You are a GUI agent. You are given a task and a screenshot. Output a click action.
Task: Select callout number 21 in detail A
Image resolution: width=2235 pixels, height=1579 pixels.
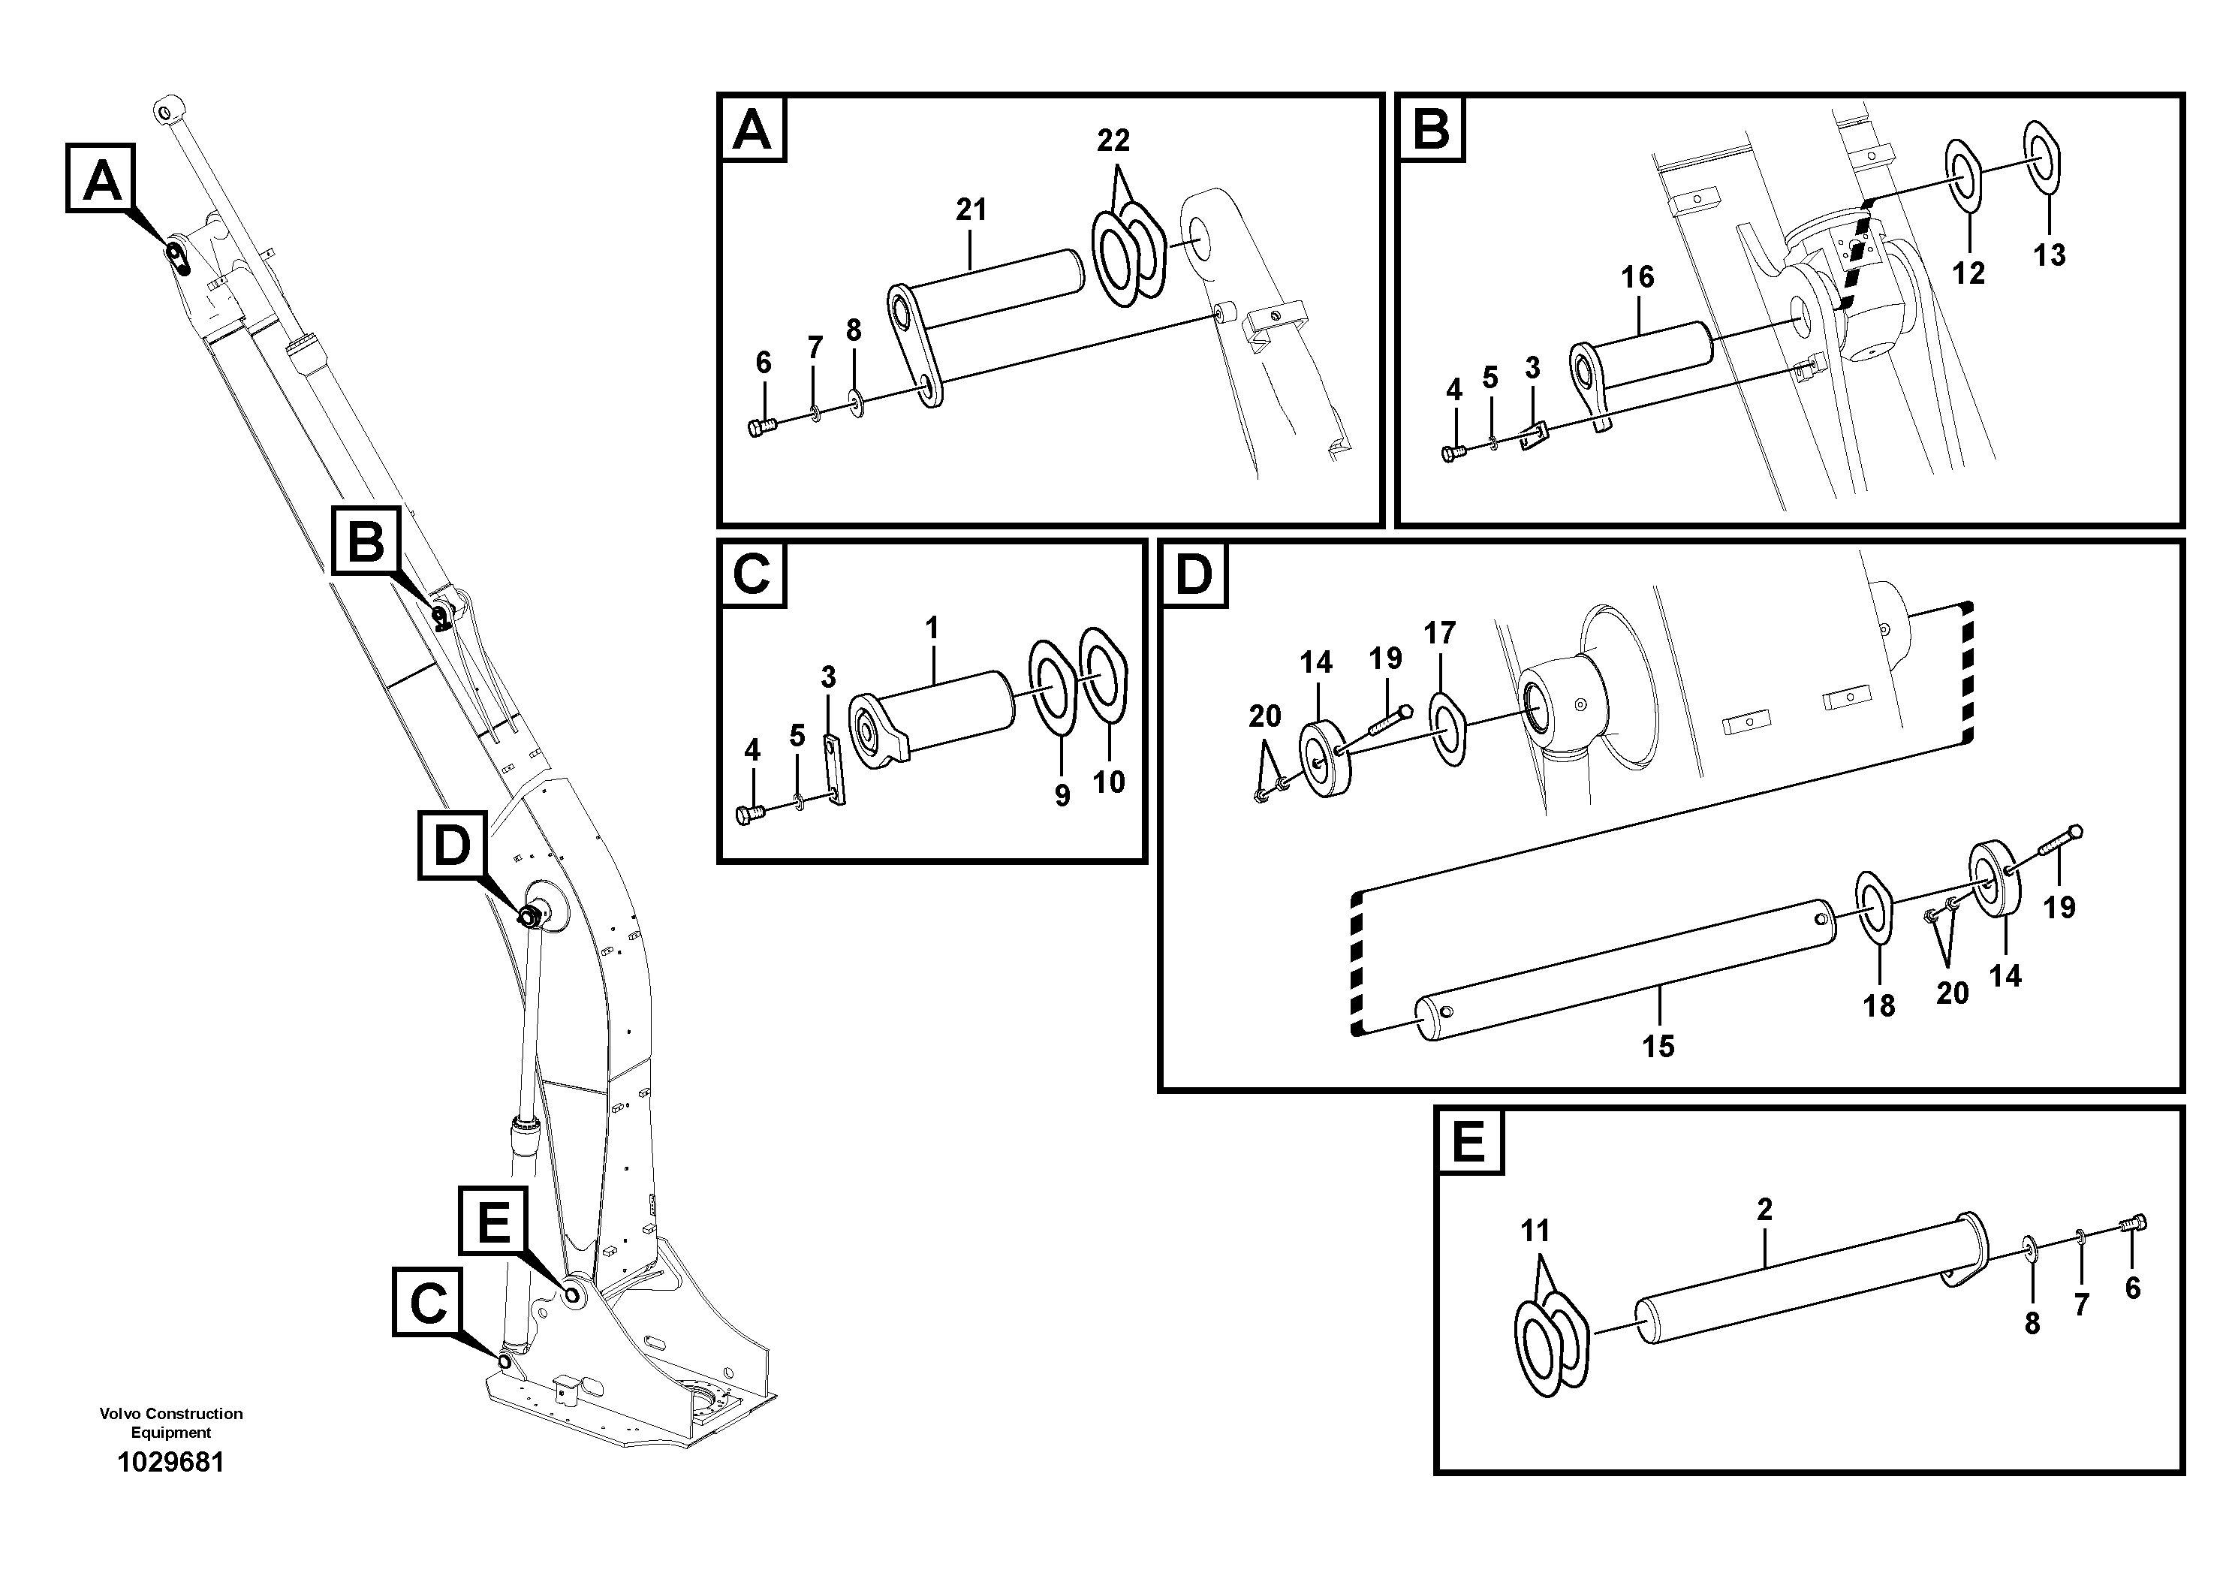[971, 209]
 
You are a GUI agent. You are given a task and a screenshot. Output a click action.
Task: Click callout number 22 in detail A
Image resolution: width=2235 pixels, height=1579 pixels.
[1113, 141]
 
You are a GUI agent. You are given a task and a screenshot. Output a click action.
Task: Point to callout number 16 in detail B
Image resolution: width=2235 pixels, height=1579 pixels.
[1637, 278]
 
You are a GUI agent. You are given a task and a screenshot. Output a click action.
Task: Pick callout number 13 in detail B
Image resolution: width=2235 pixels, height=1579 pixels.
[2049, 256]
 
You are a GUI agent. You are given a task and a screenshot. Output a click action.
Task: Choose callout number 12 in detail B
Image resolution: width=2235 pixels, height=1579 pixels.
[1968, 273]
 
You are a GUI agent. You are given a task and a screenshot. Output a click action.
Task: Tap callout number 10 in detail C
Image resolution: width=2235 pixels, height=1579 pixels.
[1109, 782]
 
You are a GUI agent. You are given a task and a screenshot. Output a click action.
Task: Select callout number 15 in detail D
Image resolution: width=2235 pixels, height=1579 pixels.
[1658, 1047]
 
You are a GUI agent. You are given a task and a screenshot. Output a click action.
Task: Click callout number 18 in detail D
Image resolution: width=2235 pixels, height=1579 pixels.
[1878, 1005]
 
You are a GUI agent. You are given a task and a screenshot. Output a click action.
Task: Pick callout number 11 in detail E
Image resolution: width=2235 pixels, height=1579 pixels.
[1535, 1231]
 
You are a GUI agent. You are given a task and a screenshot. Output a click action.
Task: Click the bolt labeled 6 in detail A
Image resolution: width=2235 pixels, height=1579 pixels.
[761, 426]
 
